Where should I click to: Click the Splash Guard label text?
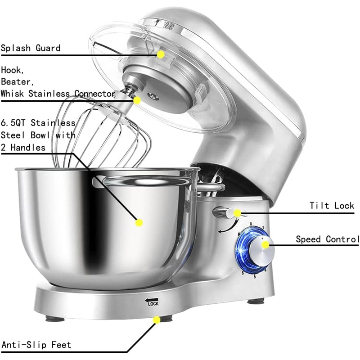point(31,48)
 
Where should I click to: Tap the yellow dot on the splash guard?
point(160,54)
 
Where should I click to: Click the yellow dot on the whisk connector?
point(137,100)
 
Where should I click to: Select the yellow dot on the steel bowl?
point(139,222)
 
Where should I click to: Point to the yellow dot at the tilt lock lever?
point(237,213)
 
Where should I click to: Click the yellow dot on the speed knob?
point(266,245)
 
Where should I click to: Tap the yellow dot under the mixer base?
point(157,320)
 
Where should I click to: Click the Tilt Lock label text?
point(332,206)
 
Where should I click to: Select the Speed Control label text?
point(327,239)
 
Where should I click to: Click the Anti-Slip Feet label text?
point(36,345)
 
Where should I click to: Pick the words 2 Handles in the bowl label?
point(23,147)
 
